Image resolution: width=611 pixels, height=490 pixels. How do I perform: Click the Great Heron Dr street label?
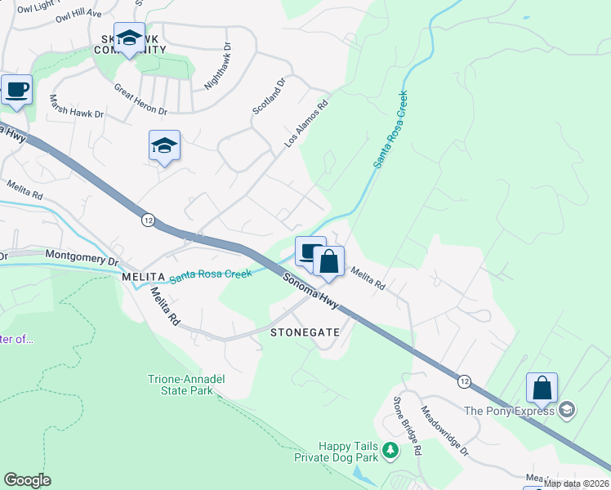click(x=140, y=99)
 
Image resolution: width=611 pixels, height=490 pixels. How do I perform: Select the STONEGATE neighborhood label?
click(x=304, y=333)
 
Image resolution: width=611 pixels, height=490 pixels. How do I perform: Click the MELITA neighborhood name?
click(x=144, y=278)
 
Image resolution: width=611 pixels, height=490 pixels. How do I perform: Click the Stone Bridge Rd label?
click(x=407, y=425)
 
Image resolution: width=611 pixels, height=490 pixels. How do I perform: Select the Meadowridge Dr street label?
click(x=445, y=430)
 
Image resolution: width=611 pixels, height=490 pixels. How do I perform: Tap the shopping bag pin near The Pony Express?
click(x=542, y=388)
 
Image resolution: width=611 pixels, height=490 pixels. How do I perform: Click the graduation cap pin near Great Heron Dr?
click(x=164, y=145)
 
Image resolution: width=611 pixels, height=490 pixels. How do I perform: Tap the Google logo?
click(x=27, y=480)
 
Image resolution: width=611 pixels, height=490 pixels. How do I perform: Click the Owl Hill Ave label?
click(x=82, y=14)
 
